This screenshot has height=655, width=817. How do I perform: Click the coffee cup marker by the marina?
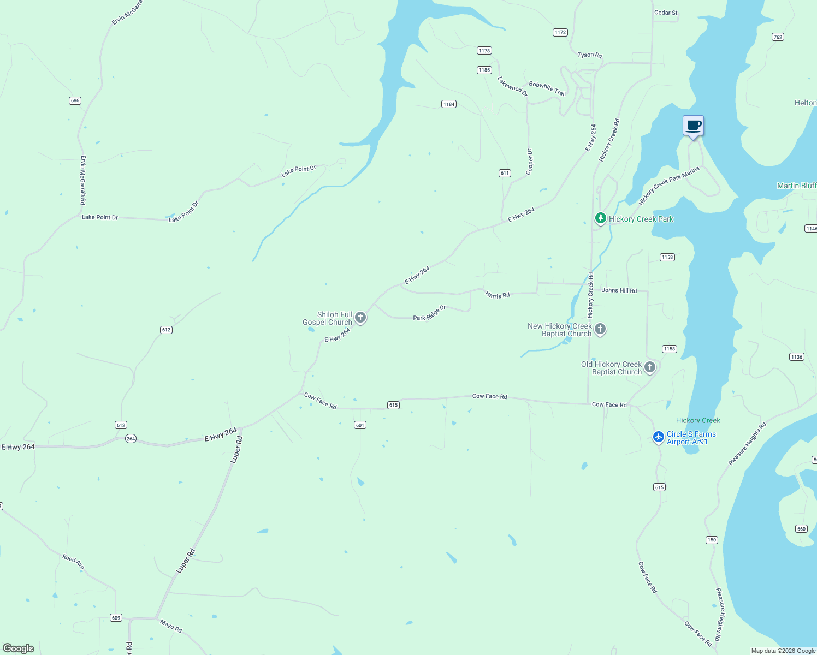tap(693, 126)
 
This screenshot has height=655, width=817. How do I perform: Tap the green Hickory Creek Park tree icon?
tap(600, 218)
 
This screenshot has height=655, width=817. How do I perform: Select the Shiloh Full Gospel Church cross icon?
tap(360, 317)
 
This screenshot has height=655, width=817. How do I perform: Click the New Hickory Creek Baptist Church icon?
tap(600, 329)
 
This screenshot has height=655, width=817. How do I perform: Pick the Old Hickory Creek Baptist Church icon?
tap(650, 367)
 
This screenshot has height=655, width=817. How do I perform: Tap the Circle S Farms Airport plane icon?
tap(659, 437)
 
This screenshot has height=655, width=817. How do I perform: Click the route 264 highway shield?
tap(131, 438)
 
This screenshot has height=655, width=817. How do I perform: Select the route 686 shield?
tap(75, 100)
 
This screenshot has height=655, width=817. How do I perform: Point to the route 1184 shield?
tap(448, 104)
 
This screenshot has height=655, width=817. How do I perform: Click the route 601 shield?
tap(360, 425)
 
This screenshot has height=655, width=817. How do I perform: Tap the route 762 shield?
tap(778, 37)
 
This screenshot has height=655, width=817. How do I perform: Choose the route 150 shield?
tap(711, 540)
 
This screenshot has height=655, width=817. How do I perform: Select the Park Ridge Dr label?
tap(429, 313)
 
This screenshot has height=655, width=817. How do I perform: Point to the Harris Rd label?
tap(498, 295)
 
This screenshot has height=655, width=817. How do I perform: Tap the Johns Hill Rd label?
tap(619, 290)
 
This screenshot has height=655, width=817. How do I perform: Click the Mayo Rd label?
tap(170, 626)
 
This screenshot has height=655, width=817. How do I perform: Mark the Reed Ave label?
tap(73, 562)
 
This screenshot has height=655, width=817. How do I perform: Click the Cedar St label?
tap(666, 13)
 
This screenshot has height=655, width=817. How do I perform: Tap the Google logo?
tap(19, 648)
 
